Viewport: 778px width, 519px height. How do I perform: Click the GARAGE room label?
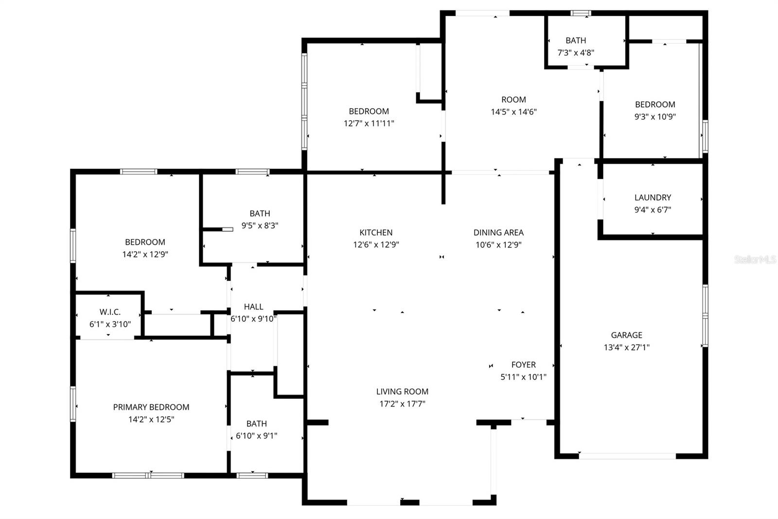[626, 335]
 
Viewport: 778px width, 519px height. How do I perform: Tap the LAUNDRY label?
[653, 198]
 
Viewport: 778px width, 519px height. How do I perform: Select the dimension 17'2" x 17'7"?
[402, 404]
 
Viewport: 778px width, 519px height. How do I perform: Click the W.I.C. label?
[110, 312]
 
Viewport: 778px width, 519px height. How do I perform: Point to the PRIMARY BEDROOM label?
[151, 407]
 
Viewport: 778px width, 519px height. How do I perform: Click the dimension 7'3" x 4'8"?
[576, 53]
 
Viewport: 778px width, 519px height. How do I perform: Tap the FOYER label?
[523, 365]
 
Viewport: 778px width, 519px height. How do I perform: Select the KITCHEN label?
[376, 233]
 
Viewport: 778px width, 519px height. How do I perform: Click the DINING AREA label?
[498, 233]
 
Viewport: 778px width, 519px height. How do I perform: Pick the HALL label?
[253, 307]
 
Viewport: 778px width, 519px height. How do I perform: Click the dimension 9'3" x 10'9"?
[655, 117]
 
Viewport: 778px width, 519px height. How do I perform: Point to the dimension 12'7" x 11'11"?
[369, 124]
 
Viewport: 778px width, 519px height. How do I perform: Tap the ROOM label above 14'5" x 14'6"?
[513, 100]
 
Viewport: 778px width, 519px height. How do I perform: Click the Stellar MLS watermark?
[755, 260]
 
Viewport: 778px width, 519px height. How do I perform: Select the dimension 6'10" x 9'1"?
[256, 436]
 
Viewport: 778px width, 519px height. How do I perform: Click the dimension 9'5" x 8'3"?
[260, 226]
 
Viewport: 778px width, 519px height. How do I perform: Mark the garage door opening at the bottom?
[627, 456]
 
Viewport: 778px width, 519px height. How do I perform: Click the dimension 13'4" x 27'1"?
[626, 348]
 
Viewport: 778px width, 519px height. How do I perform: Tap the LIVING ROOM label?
[402, 391]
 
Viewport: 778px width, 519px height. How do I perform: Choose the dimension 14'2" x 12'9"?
[145, 254]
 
